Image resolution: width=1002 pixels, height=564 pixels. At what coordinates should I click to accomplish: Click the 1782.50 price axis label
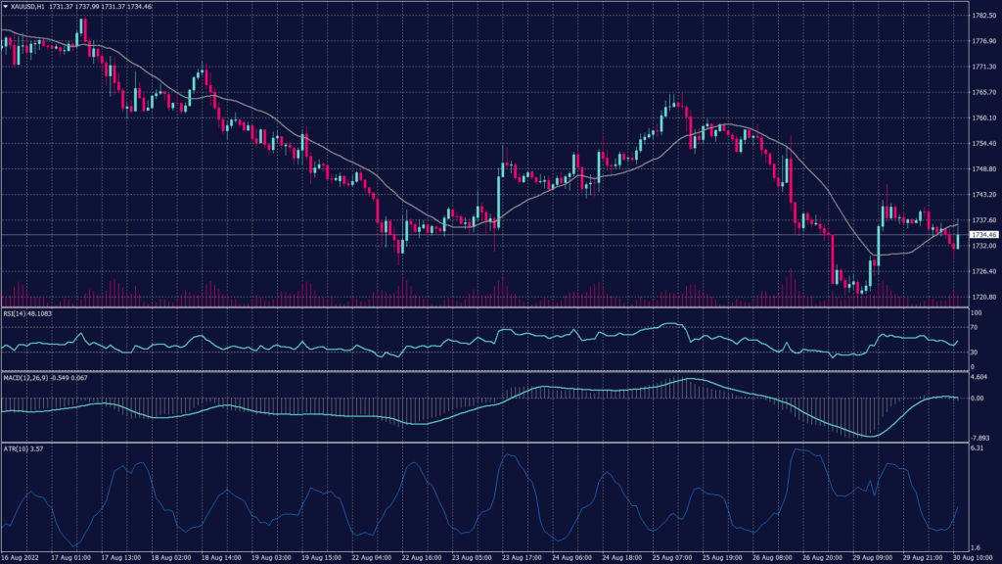coord(983,16)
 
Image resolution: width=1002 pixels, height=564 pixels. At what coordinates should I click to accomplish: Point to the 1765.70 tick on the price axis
coord(983,92)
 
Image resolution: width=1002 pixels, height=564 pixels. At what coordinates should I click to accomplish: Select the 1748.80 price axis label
coord(983,169)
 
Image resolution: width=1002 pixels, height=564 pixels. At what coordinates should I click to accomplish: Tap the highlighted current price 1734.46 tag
coord(983,235)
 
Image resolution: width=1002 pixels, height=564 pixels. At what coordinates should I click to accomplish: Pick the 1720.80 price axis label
coord(983,298)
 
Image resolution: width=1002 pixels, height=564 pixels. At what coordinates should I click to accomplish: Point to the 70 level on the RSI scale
coord(975,326)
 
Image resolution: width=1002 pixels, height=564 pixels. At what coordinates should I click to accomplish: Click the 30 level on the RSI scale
coord(975,352)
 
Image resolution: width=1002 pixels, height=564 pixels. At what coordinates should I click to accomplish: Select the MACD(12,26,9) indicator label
coord(25,377)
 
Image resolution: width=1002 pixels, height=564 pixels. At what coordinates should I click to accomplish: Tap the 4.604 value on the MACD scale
coord(980,377)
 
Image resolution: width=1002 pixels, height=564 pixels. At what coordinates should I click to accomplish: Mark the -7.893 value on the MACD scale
coord(980,438)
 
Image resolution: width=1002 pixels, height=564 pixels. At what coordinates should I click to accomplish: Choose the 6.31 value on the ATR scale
coord(978,448)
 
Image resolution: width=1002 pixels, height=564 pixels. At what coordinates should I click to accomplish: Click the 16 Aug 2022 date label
coord(23,557)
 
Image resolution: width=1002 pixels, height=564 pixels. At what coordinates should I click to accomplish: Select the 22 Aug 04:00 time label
coord(369,557)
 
